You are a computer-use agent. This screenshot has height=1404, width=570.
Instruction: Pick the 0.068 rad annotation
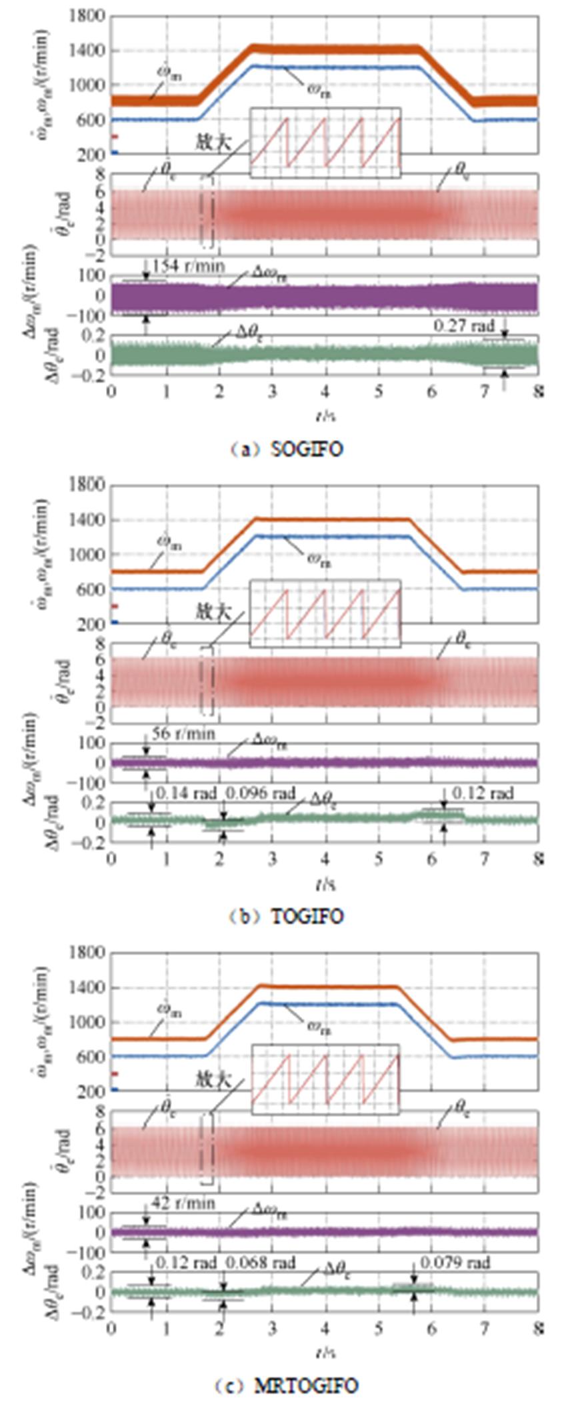260,1263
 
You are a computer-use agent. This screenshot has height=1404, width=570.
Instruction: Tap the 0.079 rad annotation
455,1263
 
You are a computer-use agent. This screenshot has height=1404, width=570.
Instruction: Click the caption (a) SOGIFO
287,449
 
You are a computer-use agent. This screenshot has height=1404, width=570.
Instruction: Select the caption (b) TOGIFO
287,917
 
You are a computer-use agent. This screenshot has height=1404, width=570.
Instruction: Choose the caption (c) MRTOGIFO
287,1386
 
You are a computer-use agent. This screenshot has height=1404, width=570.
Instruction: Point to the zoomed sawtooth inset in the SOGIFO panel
325,143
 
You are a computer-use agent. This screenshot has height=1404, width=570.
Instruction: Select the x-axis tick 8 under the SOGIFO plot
537,391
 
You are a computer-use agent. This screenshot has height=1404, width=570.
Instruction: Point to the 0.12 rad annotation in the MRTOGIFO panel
186,1263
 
